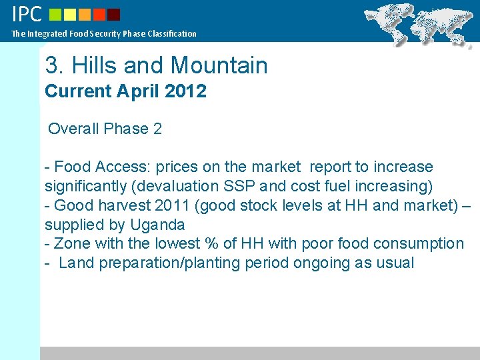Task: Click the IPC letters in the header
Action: (27, 13)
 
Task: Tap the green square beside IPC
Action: (55, 14)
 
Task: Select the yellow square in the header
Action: (70, 14)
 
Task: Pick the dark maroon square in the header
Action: (113, 14)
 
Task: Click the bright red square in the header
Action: (99, 14)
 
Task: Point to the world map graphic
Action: (421, 23)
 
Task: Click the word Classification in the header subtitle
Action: (172, 33)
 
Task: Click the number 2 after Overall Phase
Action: (157, 129)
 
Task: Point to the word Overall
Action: (73, 129)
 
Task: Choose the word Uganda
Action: (156, 225)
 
